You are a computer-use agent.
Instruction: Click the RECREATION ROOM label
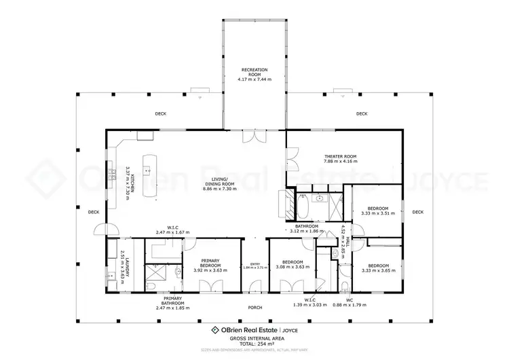point(254,75)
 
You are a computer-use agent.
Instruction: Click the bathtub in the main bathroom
point(303,205)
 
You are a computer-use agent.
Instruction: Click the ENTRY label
point(254,264)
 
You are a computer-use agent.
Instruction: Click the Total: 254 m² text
point(254,343)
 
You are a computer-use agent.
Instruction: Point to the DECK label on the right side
point(417,212)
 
